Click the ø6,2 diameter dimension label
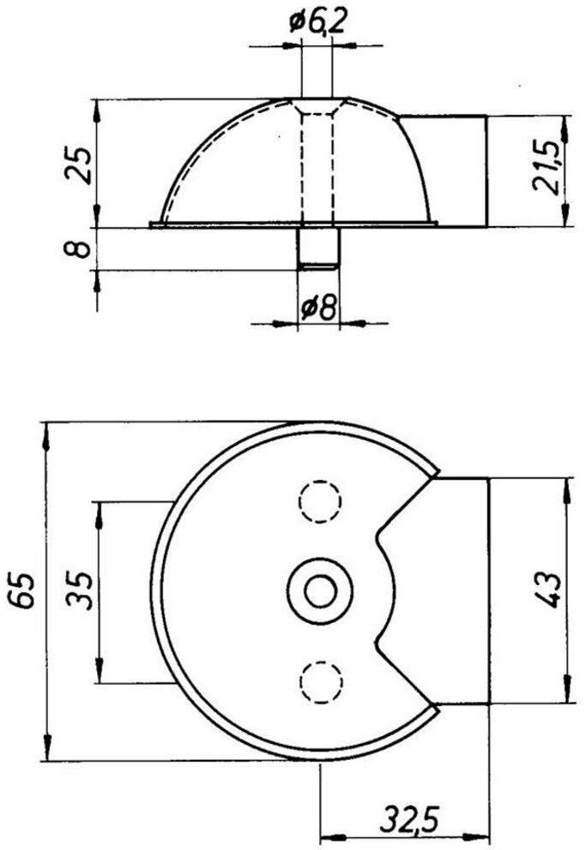coord(317,23)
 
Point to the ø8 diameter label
coord(319,308)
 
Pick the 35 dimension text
coord(79,590)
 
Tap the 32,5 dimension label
coord(408,822)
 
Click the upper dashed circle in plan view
coord(320,501)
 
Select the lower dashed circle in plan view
coord(321,682)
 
